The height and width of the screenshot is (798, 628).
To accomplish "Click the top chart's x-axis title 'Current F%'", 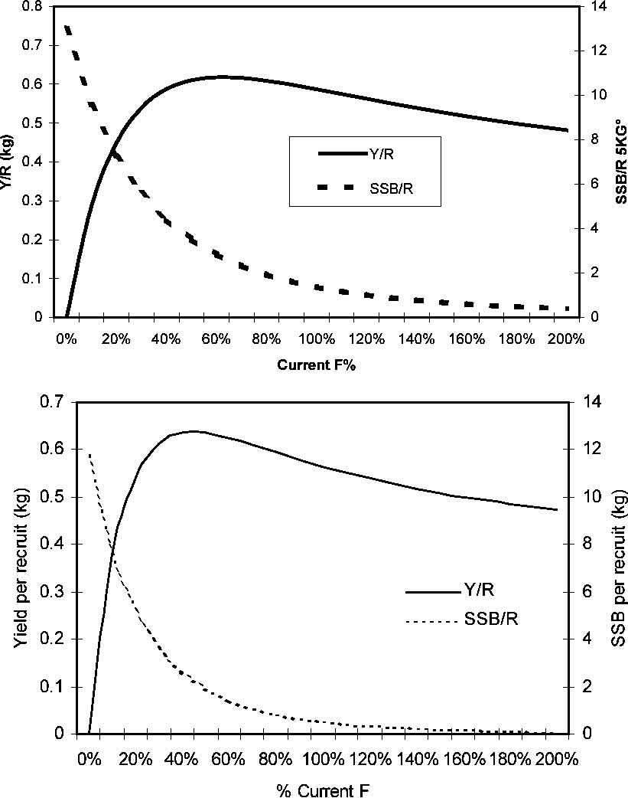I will [317, 365].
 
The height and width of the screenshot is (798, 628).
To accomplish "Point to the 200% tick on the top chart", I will [567, 338].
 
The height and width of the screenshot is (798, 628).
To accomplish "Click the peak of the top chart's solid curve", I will [222, 77].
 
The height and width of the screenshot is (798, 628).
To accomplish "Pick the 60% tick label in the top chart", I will [216, 338].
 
